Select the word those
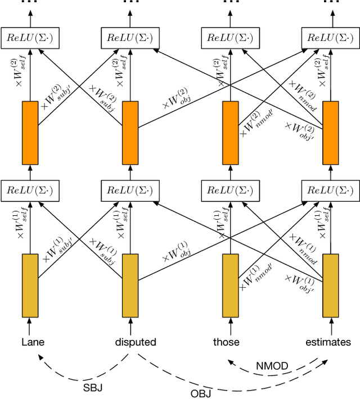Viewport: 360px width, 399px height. (x=226, y=342)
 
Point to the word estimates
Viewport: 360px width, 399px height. (x=328, y=342)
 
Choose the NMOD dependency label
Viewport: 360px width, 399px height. (x=272, y=366)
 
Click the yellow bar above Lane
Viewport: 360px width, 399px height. (x=30, y=285)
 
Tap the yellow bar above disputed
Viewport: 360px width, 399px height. (x=130, y=285)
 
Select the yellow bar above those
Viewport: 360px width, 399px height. (x=231, y=285)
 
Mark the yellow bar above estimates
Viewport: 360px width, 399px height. (x=330, y=285)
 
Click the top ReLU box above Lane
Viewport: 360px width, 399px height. (x=30, y=38)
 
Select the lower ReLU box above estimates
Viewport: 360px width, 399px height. (x=330, y=189)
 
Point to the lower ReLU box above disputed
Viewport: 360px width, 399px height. (x=130, y=189)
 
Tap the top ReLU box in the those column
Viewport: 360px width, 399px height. (x=231, y=38)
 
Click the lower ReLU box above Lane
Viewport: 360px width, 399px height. (x=30, y=189)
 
